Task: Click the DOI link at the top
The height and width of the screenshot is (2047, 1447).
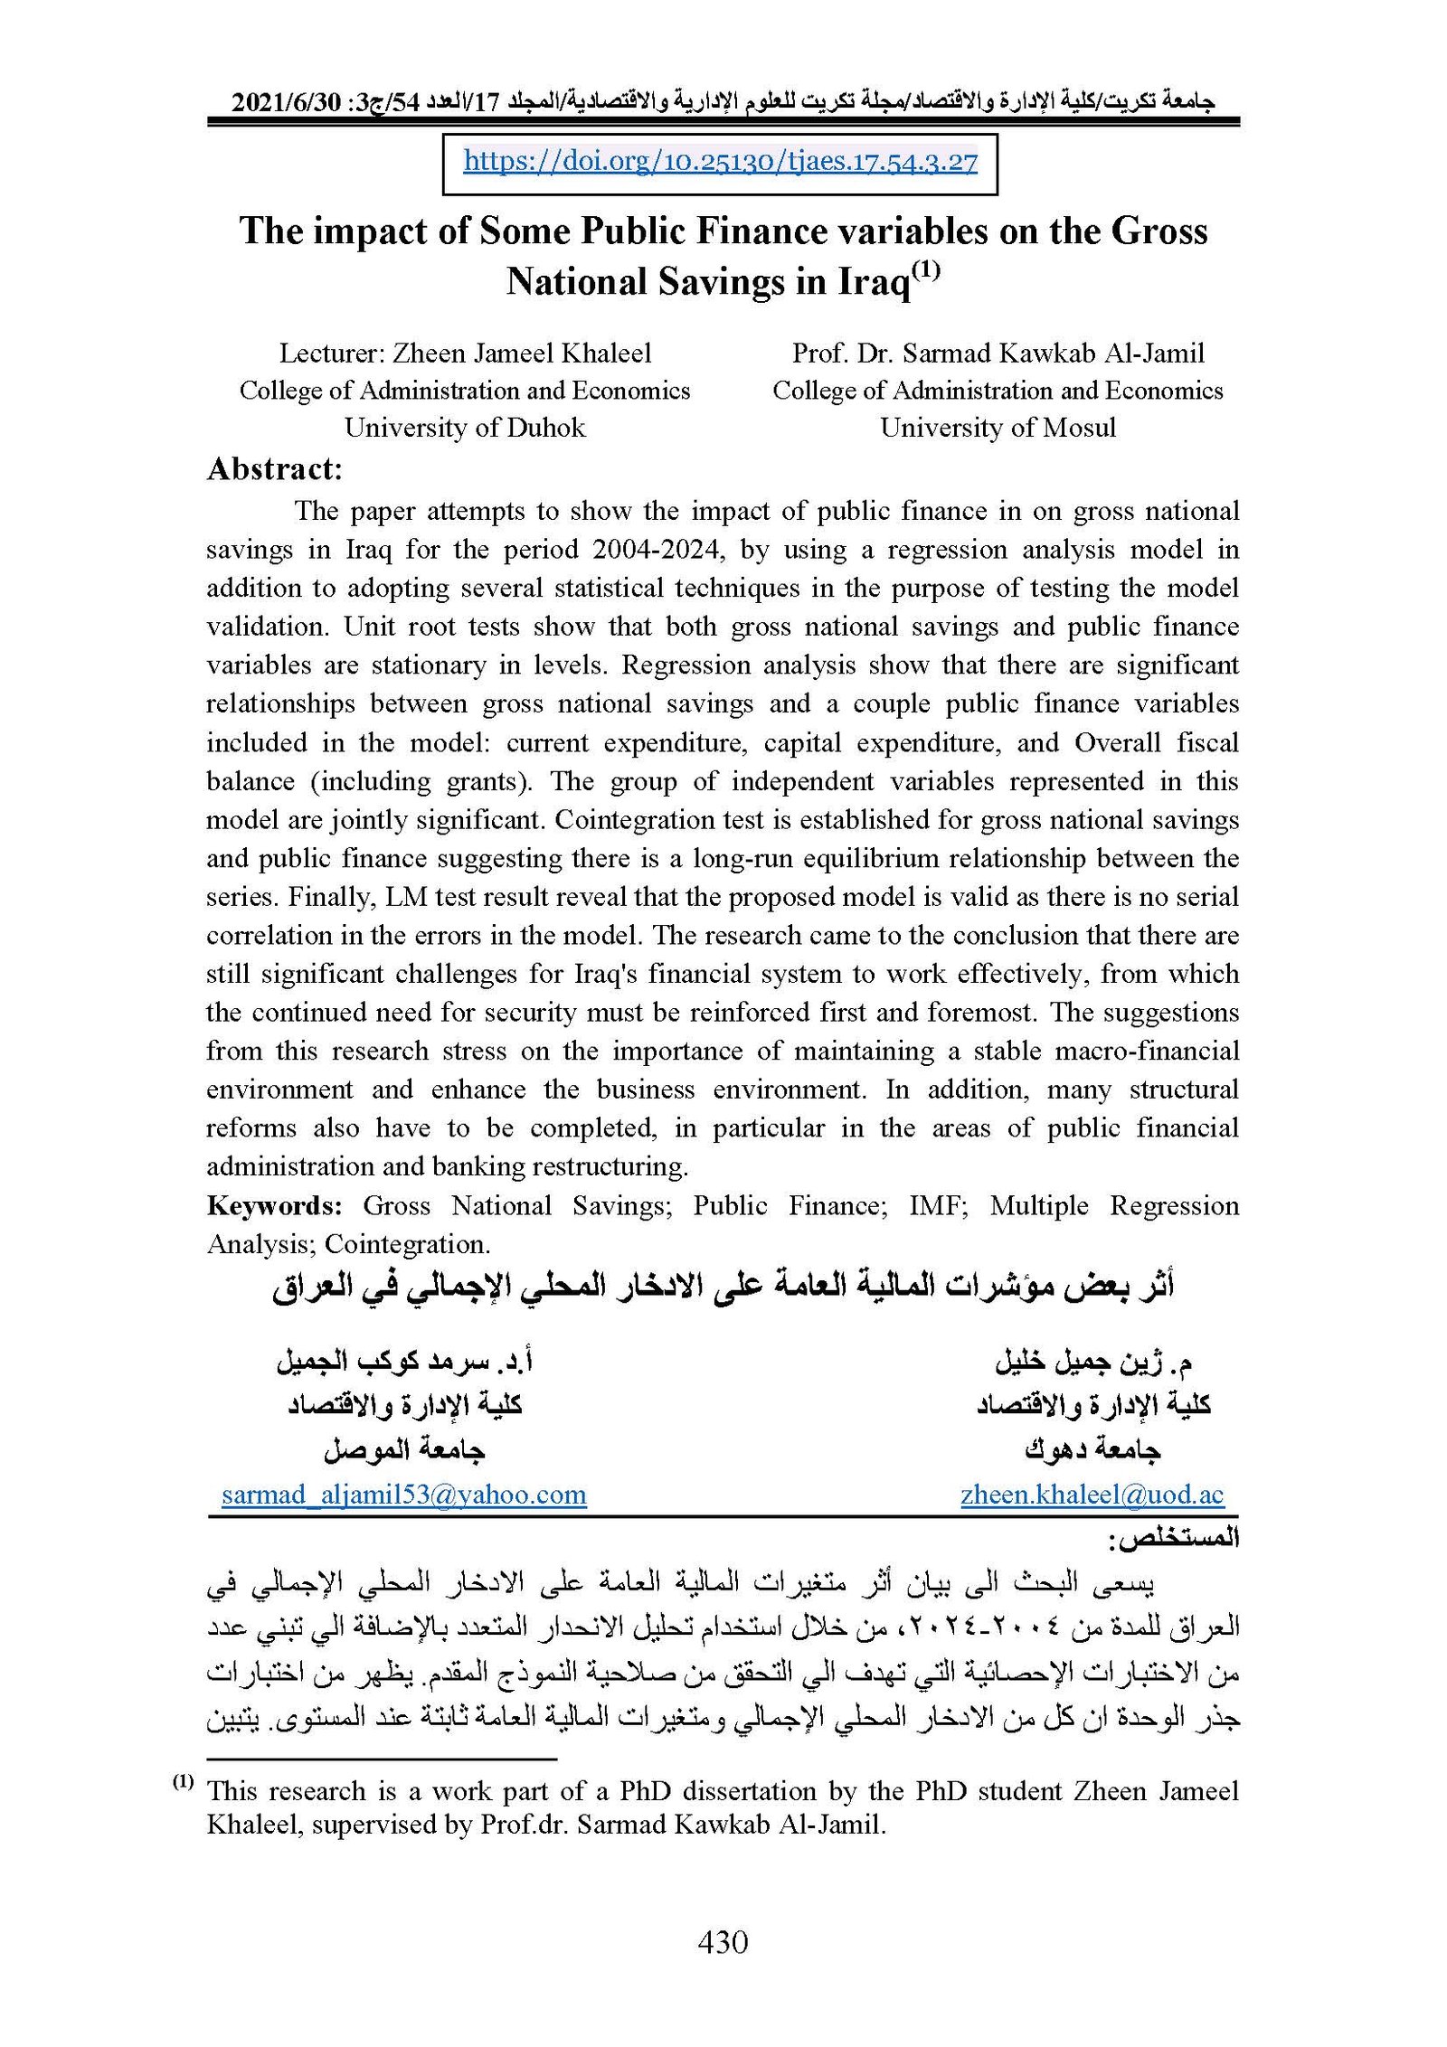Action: (720, 161)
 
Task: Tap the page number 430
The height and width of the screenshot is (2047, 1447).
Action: (723, 1942)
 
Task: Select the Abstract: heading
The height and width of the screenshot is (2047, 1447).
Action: (275, 468)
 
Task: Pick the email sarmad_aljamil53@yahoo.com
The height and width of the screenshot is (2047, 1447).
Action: (404, 1494)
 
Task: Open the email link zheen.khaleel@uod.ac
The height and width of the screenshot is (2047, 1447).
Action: (1092, 1494)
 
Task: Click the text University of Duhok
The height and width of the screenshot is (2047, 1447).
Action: (465, 427)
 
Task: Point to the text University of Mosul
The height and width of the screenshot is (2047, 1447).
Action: (998, 427)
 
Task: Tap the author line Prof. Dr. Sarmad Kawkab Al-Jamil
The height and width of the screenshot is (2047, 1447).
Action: (998, 353)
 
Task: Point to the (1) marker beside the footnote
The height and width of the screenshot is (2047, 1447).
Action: (183, 1781)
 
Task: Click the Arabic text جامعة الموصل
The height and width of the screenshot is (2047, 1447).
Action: (404, 1450)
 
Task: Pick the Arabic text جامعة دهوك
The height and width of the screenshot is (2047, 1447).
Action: (1092, 1450)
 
